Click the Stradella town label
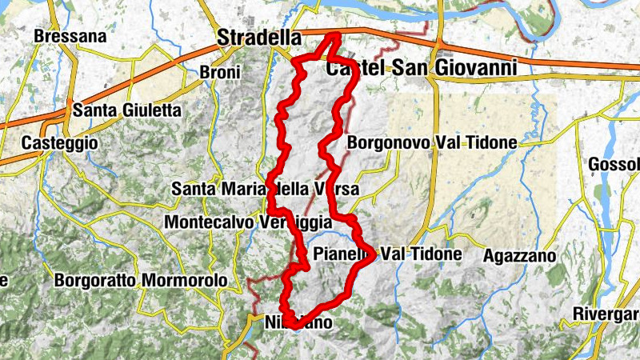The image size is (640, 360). coord(260,38)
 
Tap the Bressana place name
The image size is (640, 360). coord(70,37)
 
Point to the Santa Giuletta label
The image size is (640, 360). coord(126,110)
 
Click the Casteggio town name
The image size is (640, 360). coord(60,142)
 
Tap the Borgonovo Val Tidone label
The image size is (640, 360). coord(433,143)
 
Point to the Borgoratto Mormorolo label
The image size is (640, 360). coord(140,282)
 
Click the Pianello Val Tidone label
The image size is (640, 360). coord(389,254)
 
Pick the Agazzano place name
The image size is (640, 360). coord(519,256)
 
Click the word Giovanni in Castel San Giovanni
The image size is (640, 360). coord(477,69)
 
